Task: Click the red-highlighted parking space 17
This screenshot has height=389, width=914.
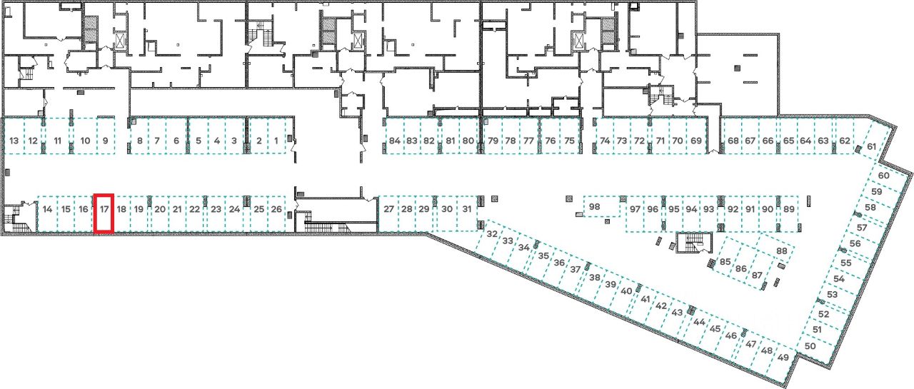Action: click(104, 213)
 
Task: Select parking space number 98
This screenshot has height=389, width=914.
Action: click(594, 207)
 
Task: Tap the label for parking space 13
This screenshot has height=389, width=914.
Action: click(14, 141)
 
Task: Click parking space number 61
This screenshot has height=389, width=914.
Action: click(871, 147)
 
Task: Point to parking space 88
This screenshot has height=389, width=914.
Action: click(781, 251)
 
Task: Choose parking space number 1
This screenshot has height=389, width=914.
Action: click(276, 141)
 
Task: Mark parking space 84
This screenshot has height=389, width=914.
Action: click(395, 141)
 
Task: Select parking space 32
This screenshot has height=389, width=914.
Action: click(492, 234)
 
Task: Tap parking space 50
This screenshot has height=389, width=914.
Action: click(810, 345)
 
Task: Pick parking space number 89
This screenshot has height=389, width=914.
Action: click(788, 209)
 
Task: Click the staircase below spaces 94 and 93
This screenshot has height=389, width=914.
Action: click(690, 243)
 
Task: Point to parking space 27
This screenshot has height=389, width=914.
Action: click(388, 209)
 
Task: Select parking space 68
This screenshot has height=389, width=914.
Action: click(733, 141)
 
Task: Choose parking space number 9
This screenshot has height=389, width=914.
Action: click(105, 141)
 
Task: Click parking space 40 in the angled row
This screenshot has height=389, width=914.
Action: click(627, 291)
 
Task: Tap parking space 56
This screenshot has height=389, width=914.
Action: click(855, 243)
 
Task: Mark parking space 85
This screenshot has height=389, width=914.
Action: click(725, 262)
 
